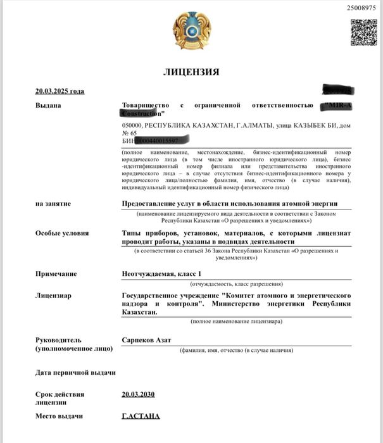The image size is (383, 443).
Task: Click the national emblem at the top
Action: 191,31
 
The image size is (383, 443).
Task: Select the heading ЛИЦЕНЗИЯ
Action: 191,72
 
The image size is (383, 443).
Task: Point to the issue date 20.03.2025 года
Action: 60,91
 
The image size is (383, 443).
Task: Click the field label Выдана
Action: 48,105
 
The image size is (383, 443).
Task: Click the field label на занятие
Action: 53,204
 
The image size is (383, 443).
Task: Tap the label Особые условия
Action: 62,233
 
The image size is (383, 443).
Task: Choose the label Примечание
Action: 56,274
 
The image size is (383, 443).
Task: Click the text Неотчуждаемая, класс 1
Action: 161,274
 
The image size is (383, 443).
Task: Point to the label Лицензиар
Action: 53,296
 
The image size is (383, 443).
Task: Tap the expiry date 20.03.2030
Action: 138,394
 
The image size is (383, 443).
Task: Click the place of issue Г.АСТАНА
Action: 141,416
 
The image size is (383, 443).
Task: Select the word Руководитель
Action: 58,340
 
